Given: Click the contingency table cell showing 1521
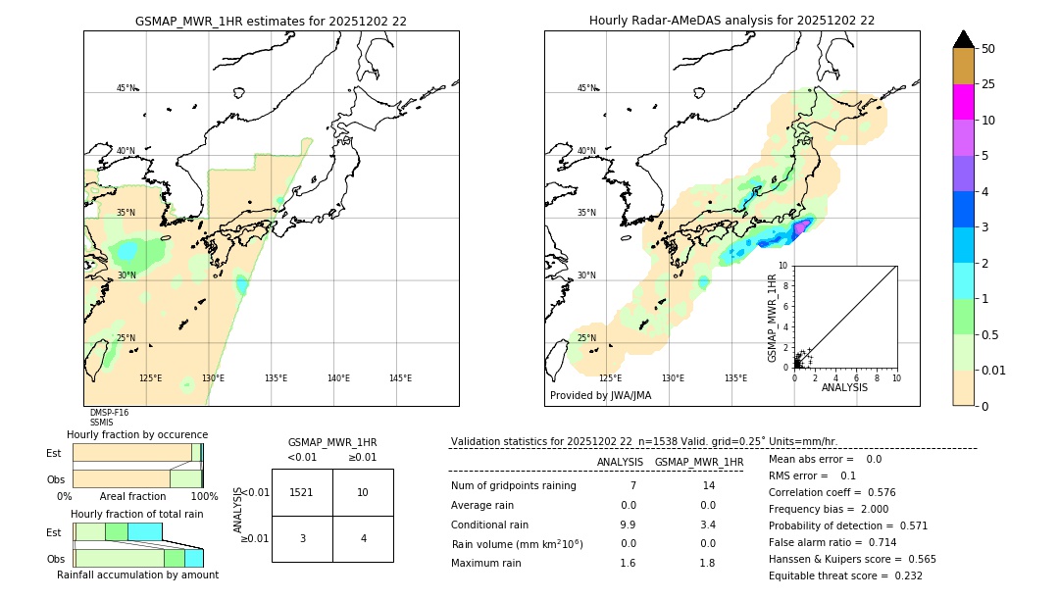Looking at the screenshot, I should point(302,492).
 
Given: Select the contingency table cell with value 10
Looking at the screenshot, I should point(363,492).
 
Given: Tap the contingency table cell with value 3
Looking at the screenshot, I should point(302,538).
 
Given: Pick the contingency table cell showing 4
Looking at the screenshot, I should point(363,538).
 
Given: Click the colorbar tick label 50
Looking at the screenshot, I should point(988,49).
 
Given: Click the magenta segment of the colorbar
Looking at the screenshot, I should point(963,102).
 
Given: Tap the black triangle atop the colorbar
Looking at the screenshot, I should point(963,39).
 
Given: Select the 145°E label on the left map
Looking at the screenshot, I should point(400,378).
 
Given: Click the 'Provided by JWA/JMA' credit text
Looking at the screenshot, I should point(600,396).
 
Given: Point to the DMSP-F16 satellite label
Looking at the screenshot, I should point(109,413).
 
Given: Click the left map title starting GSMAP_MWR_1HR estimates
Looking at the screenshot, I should point(271,21).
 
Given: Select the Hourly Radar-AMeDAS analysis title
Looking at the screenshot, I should point(731,21).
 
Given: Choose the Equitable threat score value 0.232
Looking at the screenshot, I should point(902,575).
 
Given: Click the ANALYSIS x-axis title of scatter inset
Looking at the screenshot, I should point(844,387).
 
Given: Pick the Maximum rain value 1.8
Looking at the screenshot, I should point(707,563).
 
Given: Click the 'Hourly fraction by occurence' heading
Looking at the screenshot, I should point(137,434).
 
